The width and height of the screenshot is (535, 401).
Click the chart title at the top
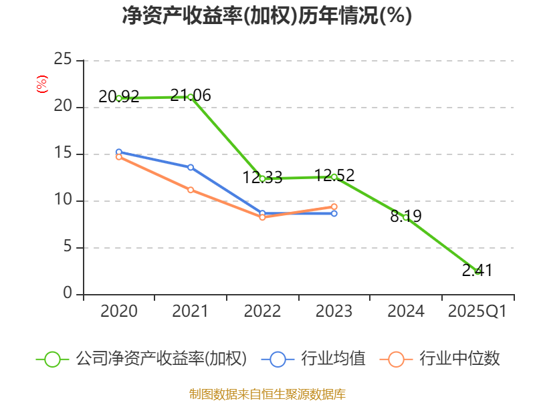coord(267,16)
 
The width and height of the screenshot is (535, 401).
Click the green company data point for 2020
coord(119,98)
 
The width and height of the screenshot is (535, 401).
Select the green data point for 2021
coord(191,97)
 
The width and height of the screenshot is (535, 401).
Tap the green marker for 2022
coord(262,178)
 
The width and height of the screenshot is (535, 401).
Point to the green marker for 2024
coord(405,217)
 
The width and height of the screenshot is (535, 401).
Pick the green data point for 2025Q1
coord(477,271)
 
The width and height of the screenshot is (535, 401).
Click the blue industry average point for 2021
coord(191,167)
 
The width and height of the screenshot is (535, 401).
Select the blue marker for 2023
coord(334,213)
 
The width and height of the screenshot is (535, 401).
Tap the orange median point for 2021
coord(191,190)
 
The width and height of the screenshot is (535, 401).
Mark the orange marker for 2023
coord(334,207)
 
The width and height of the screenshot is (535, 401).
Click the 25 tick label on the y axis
coord(63,60)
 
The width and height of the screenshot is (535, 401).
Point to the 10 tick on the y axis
coord(63,200)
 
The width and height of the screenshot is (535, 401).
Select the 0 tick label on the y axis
coord(68,294)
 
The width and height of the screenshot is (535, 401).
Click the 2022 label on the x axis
coord(262,311)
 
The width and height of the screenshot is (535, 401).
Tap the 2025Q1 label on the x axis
coord(477,311)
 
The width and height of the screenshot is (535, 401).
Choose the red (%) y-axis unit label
coord(42,85)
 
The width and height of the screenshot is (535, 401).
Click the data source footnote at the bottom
coord(267,394)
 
